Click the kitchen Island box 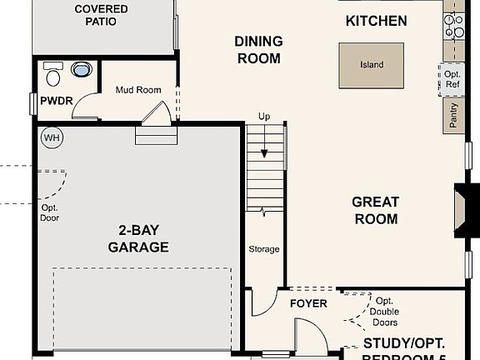click(372, 65)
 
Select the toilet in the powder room click(52, 77)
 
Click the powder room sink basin click(82, 70)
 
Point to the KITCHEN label click(376, 21)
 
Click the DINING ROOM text click(258, 50)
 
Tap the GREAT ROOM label click(375, 210)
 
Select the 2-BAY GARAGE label click(138, 238)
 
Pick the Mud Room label click(137, 90)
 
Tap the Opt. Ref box click(452, 79)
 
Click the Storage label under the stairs click(264, 249)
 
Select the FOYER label click(307, 303)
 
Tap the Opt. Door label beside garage click(50, 212)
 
